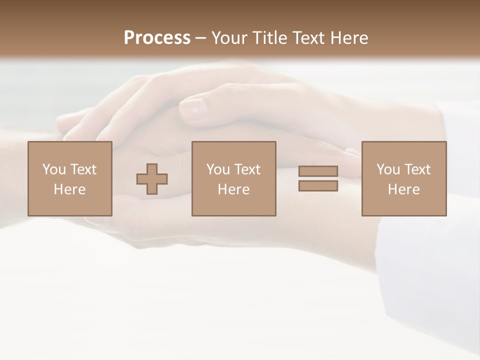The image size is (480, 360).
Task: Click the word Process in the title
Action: (x=157, y=38)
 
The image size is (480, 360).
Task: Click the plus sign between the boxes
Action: (x=152, y=178)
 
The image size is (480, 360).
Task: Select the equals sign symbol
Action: (x=318, y=178)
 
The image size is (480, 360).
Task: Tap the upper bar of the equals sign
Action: (x=318, y=171)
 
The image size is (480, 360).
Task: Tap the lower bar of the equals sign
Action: (x=318, y=186)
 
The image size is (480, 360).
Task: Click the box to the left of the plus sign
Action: (x=70, y=178)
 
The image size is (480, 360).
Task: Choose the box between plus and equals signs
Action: (x=234, y=178)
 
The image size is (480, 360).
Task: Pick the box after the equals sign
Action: (x=404, y=178)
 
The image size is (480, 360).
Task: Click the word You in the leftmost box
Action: (x=54, y=169)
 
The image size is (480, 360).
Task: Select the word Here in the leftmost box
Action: (x=70, y=189)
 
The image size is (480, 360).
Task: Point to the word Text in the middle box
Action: (x=247, y=169)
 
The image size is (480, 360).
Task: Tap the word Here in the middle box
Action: (x=234, y=189)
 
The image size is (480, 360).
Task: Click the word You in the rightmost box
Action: (x=388, y=169)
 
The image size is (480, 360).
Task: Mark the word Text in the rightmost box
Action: (x=417, y=169)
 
